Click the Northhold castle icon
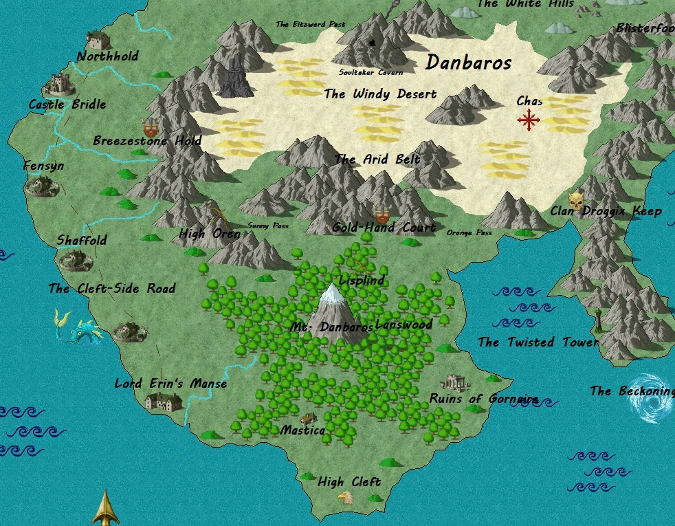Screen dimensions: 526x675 (99, 39)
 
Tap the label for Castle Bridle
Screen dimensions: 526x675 (67, 105)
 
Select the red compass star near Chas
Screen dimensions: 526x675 (529, 121)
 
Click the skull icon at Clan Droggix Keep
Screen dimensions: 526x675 (576, 201)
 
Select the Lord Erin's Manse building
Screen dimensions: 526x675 (164, 400)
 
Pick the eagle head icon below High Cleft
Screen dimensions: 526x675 (345, 497)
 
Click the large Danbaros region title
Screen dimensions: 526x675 (468, 63)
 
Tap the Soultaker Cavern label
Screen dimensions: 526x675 (371, 72)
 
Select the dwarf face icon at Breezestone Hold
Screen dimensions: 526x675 (150, 127)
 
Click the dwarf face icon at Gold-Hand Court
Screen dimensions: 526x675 (382, 213)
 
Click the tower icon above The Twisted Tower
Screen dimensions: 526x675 (599, 320)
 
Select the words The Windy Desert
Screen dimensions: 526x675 (380, 94)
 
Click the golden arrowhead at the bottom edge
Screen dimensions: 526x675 (107, 508)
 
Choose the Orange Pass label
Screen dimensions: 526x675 (469, 232)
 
